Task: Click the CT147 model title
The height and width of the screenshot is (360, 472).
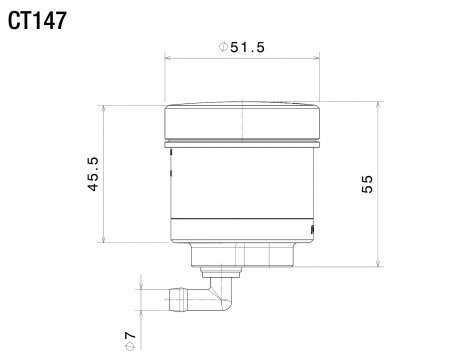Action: pyautogui.click(x=37, y=21)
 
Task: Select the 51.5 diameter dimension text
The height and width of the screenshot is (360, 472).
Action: pyautogui.click(x=248, y=47)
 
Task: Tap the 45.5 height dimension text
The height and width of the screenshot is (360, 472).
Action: pyautogui.click(x=93, y=174)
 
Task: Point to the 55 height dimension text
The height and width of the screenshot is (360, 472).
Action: pyautogui.click(x=367, y=184)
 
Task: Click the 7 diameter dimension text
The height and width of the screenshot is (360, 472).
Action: pyautogui.click(x=130, y=335)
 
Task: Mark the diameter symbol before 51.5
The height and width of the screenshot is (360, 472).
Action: pyautogui.click(x=223, y=47)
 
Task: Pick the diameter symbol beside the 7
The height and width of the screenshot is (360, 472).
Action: pyautogui.click(x=130, y=346)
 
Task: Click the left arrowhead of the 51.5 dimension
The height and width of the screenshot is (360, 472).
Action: pyautogui.click(x=169, y=58)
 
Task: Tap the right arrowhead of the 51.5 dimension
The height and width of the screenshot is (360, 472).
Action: pyautogui.click(x=316, y=58)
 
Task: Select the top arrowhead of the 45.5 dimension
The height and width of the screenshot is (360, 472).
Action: pyautogui.click(x=104, y=109)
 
